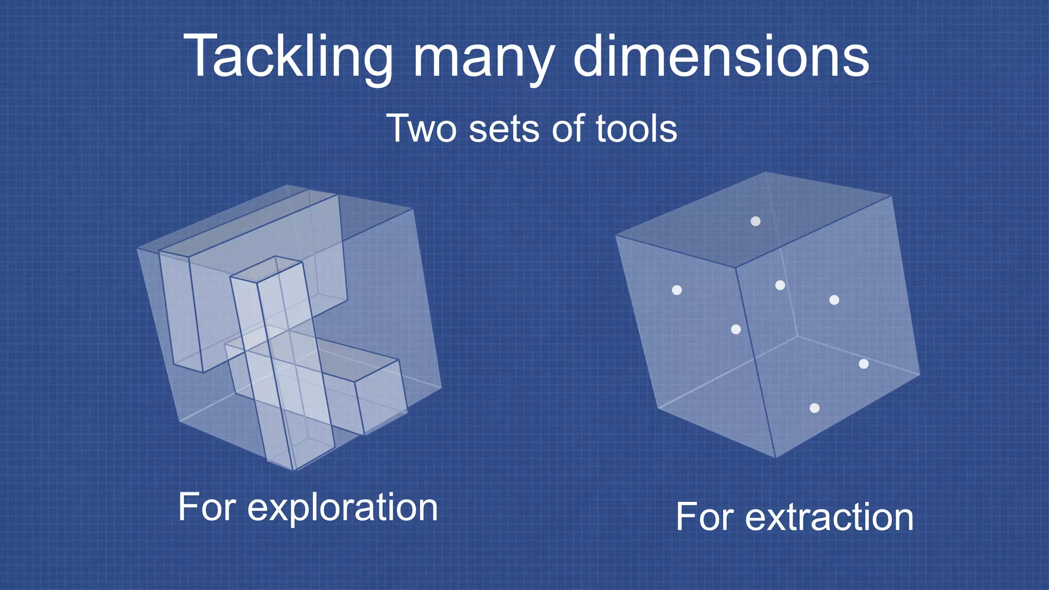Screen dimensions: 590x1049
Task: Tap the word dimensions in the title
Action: click(x=721, y=56)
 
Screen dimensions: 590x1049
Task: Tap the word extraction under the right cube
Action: click(x=829, y=517)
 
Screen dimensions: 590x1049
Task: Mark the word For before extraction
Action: click(x=705, y=517)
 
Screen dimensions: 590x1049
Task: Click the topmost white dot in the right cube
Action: click(x=756, y=221)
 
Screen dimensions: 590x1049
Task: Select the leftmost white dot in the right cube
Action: click(x=677, y=290)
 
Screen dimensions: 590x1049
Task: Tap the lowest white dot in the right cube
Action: click(x=814, y=408)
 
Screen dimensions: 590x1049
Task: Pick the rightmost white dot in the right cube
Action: click(x=864, y=364)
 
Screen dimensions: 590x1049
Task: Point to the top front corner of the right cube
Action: click(x=736, y=267)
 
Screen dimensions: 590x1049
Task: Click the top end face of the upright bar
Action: click(x=266, y=270)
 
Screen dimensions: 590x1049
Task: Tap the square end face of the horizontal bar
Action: click(x=380, y=397)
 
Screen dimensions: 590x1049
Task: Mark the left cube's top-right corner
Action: click(x=413, y=208)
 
